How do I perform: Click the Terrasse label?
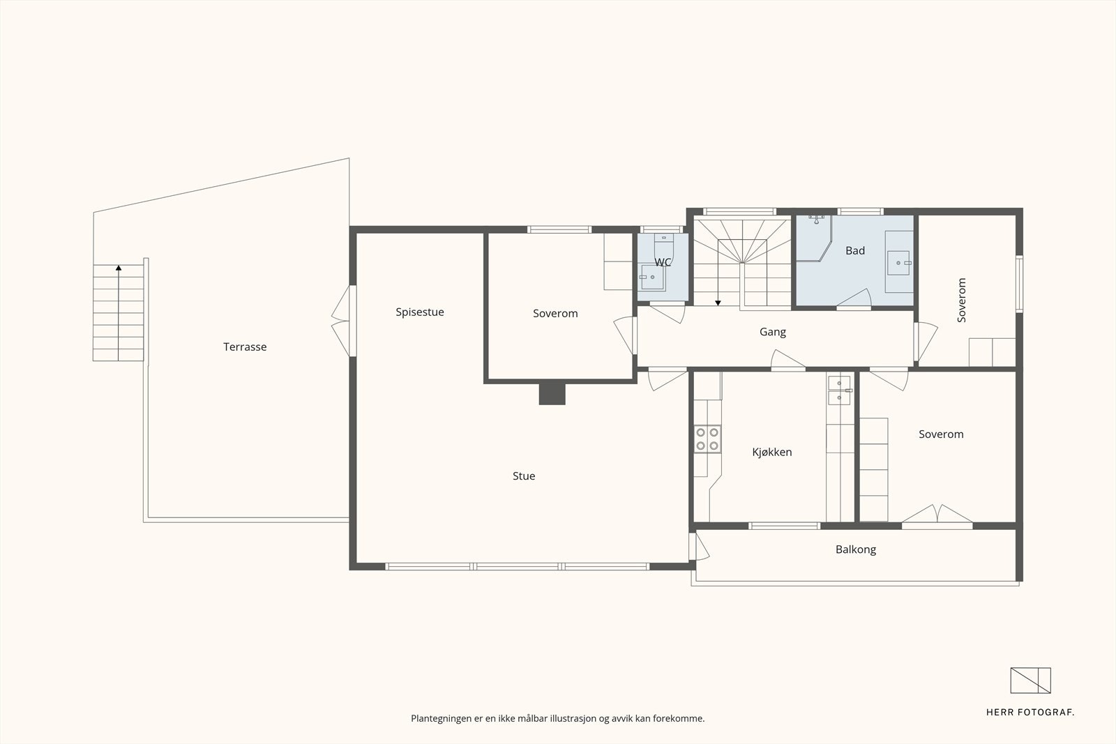pos(245,347)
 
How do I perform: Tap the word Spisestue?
pos(419,312)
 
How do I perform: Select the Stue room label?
pos(524,476)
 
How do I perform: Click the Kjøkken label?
pos(771,452)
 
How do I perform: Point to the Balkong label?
pos(855,549)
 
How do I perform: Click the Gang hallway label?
pos(773,332)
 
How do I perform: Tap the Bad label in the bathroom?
pos(855,250)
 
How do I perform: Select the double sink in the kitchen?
pos(839,390)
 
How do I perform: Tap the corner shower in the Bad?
pos(813,238)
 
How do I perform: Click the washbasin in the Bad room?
pos(899,262)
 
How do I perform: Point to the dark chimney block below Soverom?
pos(552,393)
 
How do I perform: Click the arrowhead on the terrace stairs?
pos(119,268)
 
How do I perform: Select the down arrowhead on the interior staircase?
pos(718,303)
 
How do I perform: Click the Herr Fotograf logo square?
pos(1030,681)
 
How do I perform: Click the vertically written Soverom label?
pos(962,301)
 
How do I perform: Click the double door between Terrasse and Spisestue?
pos(342,321)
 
